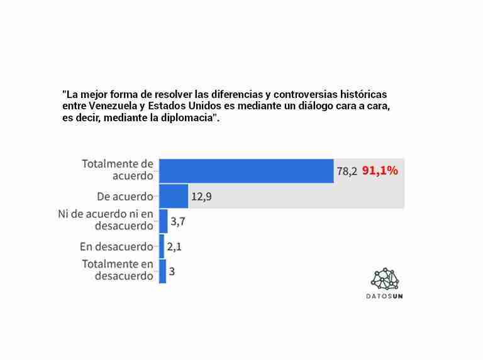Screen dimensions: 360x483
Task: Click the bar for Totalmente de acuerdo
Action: (x=246, y=171)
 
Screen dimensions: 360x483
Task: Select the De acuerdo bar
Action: (x=174, y=196)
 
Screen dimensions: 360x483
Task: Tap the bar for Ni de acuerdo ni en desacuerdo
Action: (x=163, y=221)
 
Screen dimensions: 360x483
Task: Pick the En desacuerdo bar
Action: (x=162, y=246)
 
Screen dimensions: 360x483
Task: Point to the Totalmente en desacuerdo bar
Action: (x=162, y=271)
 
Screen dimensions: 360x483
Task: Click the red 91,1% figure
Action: (x=380, y=170)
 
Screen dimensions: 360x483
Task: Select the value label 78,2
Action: (x=347, y=171)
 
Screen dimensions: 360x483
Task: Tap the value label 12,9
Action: (x=201, y=197)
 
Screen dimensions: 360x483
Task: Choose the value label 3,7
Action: (x=178, y=221)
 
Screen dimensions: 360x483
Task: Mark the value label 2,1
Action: (x=174, y=247)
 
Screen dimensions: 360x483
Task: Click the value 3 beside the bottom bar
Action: (x=172, y=271)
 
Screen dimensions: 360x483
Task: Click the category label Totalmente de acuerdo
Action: (x=118, y=170)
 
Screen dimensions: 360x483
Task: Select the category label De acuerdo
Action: (x=125, y=196)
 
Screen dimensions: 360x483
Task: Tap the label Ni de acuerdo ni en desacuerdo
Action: (x=106, y=220)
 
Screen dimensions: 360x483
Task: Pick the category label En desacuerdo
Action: (x=116, y=246)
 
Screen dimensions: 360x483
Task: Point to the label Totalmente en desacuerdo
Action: (x=118, y=270)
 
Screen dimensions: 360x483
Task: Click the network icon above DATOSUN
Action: (x=385, y=278)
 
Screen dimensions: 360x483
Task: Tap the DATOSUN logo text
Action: (x=385, y=295)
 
